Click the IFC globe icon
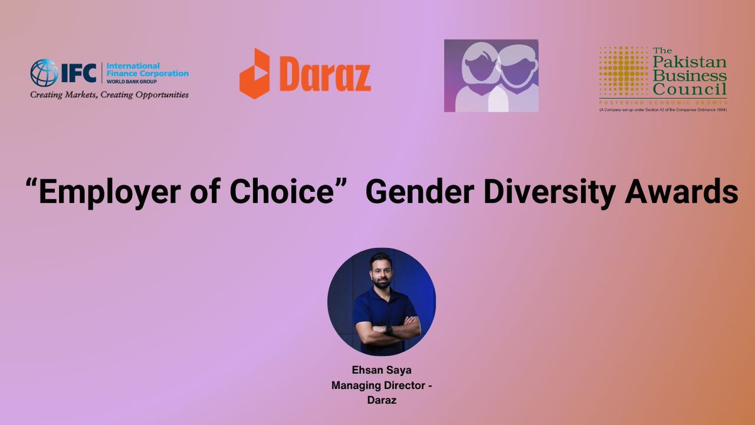pyautogui.click(x=44, y=73)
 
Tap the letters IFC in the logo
pyautogui.click(x=77, y=74)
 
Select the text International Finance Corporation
pyautogui.click(x=147, y=70)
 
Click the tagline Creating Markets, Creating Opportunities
pyautogui.click(x=109, y=95)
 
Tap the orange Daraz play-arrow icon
pyautogui.click(x=255, y=74)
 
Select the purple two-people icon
pyautogui.click(x=491, y=76)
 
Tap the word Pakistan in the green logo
pyautogui.click(x=690, y=62)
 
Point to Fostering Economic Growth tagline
pyautogui.click(x=663, y=101)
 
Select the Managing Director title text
pyautogui.click(x=381, y=385)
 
